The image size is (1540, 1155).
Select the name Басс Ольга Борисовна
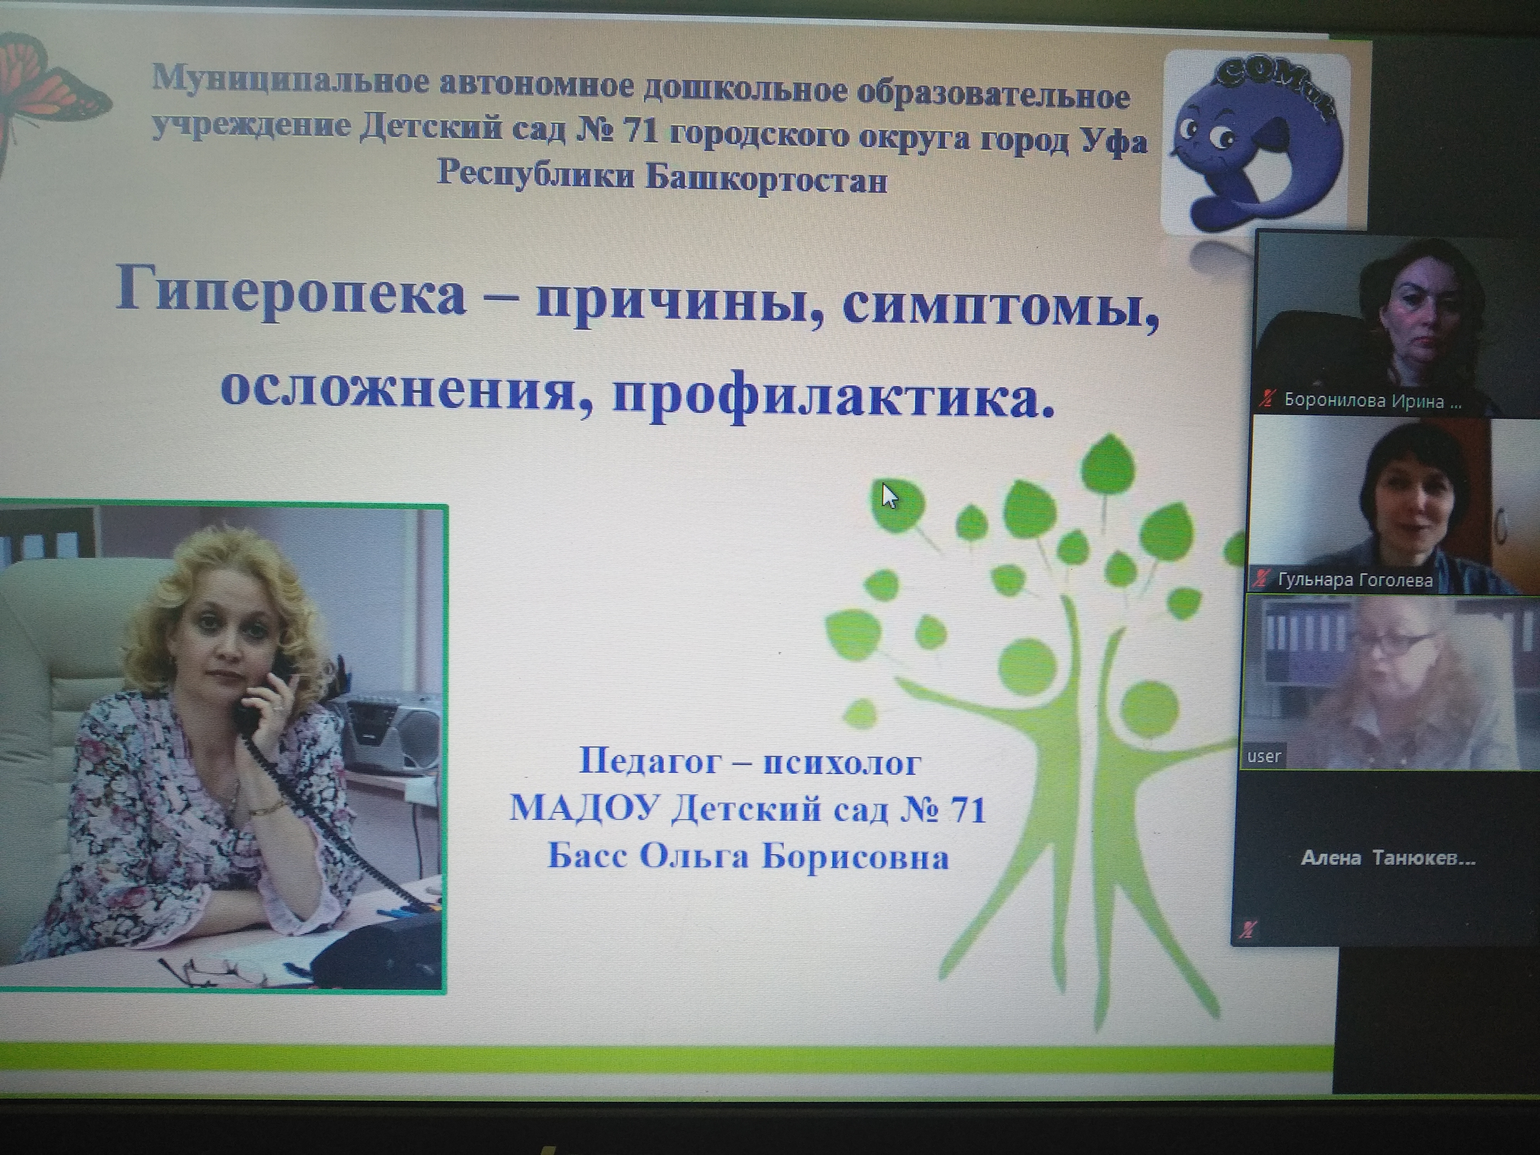pyautogui.click(x=748, y=856)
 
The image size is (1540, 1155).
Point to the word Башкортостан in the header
pyautogui.click(x=766, y=180)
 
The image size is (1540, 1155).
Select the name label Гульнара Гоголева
pyautogui.click(x=1355, y=580)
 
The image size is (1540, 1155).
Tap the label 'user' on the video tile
pyautogui.click(x=1264, y=756)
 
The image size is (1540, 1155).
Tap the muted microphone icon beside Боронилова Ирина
pyautogui.click(x=1267, y=400)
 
